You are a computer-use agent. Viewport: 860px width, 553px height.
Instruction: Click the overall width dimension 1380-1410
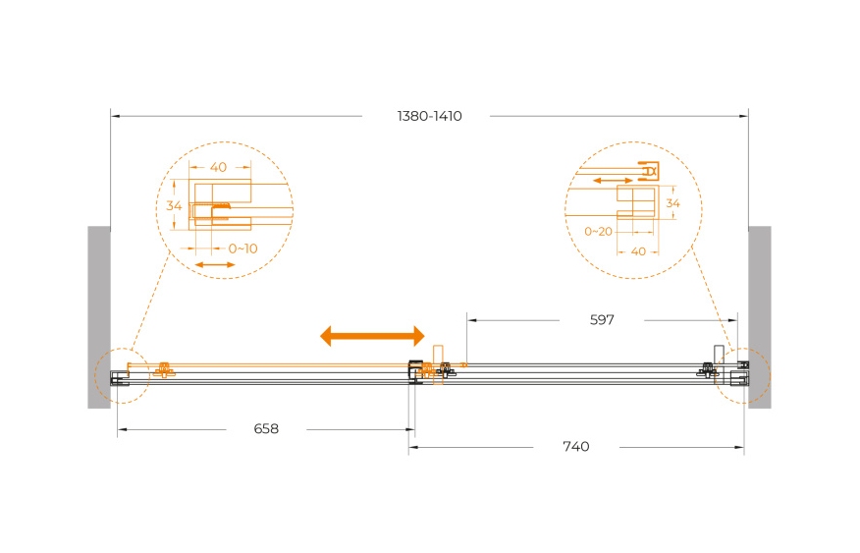coord(429,116)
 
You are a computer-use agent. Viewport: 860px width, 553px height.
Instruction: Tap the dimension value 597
coord(602,320)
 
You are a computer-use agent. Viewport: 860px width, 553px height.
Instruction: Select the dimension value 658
coord(266,428)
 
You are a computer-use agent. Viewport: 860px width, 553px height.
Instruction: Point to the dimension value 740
coord(576,447)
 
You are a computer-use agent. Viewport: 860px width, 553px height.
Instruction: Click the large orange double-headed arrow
coord(372,336)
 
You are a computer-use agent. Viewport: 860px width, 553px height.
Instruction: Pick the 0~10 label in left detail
coord(242,249)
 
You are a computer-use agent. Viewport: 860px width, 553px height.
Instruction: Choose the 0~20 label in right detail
coord(598,232)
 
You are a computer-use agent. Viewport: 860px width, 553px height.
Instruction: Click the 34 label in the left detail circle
coord(174,205)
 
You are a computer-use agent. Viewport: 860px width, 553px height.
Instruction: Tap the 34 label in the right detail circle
coord(672,203)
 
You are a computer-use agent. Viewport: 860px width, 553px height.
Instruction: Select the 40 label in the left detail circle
coord(218,167)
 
